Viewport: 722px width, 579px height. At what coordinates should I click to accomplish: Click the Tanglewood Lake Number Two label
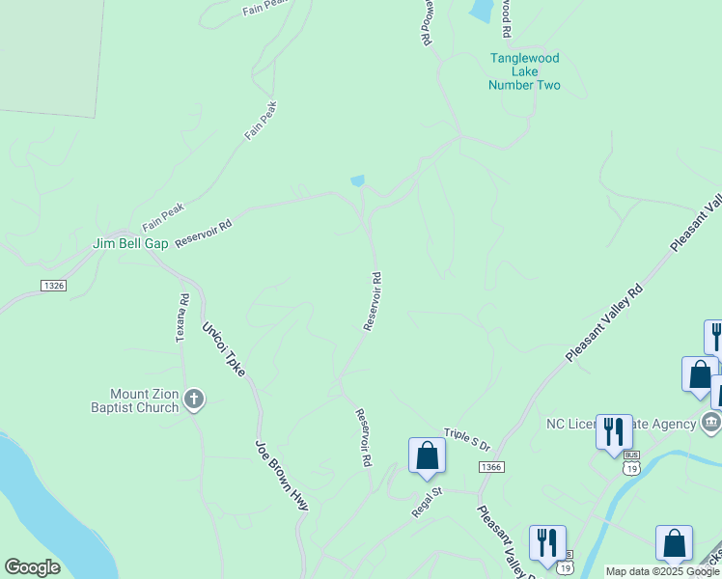click(524, 71)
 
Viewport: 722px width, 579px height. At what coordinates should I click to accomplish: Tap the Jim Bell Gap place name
click(130, 244)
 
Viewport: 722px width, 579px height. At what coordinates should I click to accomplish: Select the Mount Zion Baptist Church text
click(144, 400)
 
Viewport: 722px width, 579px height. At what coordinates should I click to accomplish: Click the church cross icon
click(194, 399)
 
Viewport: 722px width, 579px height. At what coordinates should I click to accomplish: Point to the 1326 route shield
click(53, 285)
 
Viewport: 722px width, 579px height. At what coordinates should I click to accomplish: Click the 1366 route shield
click(490, 467)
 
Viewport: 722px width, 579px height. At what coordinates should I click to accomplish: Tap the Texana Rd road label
click(180, 318)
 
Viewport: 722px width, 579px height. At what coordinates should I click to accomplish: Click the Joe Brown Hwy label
click(282, 475)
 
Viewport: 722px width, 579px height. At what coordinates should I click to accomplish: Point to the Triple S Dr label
click(467, 440)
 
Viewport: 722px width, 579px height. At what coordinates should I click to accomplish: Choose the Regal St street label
click(426, 503)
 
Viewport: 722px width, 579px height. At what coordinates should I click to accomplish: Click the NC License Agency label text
click(621, 424)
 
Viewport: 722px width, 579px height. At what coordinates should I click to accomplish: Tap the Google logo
click(32, 567)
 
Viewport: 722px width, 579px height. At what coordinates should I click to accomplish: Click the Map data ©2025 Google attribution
click(662, 572)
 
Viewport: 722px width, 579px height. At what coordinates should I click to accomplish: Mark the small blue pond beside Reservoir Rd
click(358, 180)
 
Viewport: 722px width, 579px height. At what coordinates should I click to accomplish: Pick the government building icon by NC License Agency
click(710, 422)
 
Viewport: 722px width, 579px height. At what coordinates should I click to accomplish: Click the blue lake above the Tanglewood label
click(479, 11)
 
